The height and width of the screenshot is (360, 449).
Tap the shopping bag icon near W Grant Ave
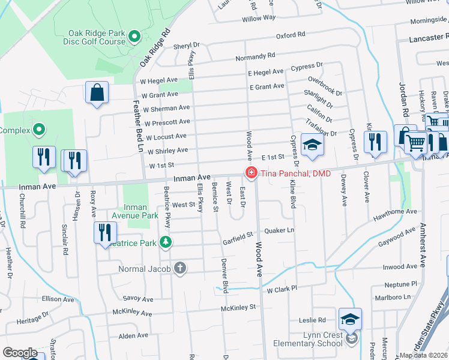[97, 93]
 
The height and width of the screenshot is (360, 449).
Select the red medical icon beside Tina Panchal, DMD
[250, 173]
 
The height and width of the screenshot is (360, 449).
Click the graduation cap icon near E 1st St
[312, 146]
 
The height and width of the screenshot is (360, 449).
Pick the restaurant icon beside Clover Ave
[375, 142]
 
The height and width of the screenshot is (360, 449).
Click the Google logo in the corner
[20, 353]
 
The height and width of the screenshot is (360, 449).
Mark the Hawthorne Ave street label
[395, 212]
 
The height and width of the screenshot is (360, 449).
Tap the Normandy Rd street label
[255, 56]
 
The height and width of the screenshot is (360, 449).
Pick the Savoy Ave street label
[139, 298]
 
